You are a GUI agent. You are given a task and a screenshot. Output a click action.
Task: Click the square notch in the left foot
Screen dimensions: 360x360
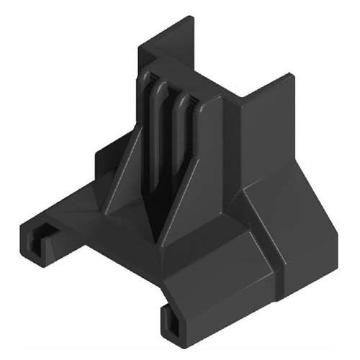click(x=44, y=232)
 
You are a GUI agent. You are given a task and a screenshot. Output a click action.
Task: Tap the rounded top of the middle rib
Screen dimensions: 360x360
click(x=163, y=86)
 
